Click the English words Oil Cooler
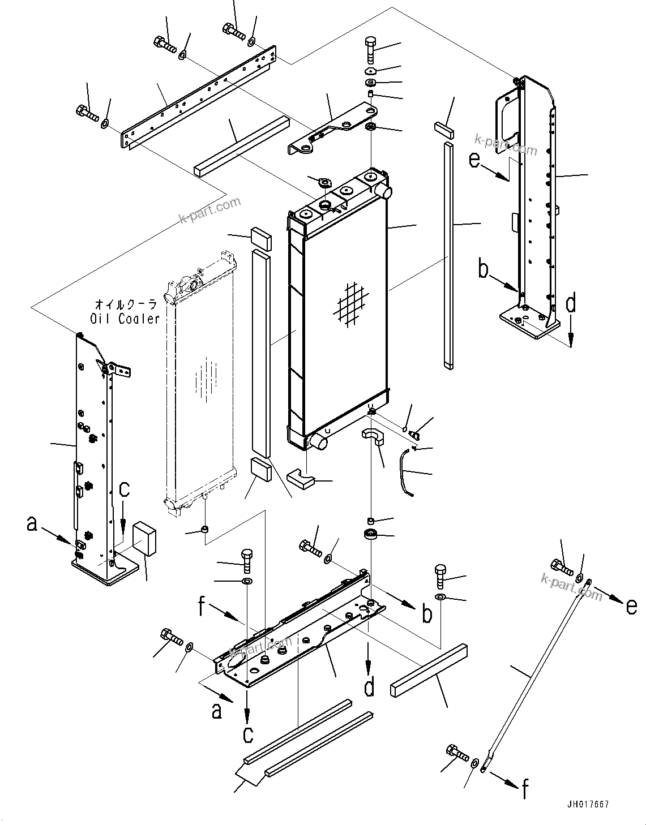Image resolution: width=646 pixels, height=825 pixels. (125, 319)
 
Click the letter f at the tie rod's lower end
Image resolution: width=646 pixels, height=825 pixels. (525, 790)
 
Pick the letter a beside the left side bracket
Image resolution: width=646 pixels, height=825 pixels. (32, 524)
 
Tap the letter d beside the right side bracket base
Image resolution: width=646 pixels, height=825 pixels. (571, 304)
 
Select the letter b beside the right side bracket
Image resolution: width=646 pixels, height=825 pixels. (483, 269)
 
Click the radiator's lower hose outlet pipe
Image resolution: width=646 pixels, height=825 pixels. (319, 441)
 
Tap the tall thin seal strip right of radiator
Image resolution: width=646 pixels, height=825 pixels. (448, 255)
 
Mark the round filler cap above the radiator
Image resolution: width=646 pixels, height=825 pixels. (324, 182)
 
